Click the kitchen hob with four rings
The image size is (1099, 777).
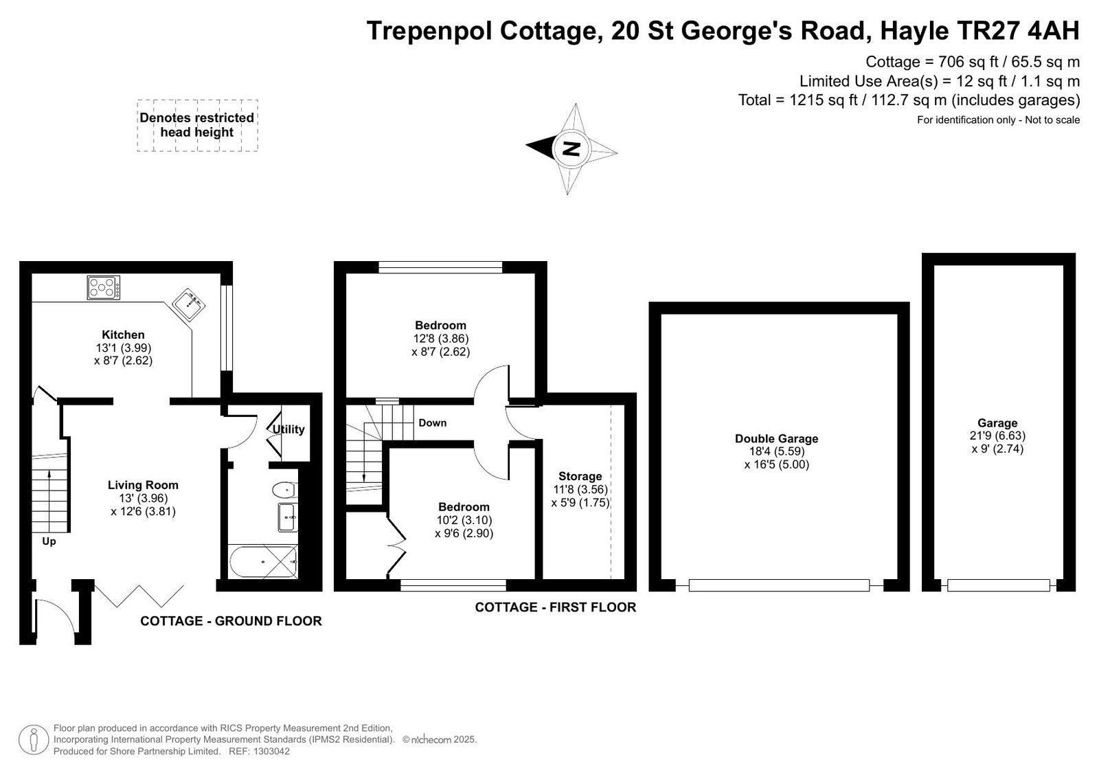(104, 288)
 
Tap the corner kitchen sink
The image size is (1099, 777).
(188, 305)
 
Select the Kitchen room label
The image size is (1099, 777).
(123, 335)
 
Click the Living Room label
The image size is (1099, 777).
(144, 485)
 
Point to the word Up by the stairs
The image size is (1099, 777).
(49, 541)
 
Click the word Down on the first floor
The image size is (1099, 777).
(432, 423)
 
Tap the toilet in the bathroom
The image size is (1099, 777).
(285, 489)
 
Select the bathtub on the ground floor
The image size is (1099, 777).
(264, 561)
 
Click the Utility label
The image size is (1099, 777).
(288, 429)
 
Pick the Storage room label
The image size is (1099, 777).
(580, 476)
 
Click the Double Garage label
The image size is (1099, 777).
(777, 438)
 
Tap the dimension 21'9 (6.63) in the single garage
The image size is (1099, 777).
(997, 436)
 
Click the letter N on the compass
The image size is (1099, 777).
(571, 148)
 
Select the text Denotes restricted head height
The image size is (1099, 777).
(196, 124)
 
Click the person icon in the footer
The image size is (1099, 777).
(34, 739)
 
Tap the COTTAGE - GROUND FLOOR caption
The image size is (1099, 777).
(231, 621)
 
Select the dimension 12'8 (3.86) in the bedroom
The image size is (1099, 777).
(440, 338)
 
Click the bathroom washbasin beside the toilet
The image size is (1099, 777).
(288, 517)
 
